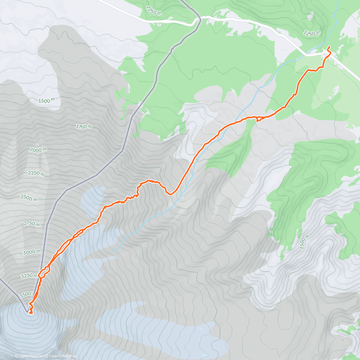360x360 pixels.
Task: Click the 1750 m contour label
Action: (83, 127)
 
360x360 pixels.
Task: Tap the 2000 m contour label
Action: (38, 150)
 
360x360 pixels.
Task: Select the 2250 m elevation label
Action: (36, 173)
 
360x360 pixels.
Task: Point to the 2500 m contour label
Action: (29, 198)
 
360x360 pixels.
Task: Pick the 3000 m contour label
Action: (31, 252)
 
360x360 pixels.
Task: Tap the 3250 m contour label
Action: (29, 276)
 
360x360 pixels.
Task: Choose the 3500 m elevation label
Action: (25, 295)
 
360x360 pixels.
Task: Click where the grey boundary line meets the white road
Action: (198, 19)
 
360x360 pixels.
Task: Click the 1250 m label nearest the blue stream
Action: (312, 33)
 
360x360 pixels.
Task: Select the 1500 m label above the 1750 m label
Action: (46, 101)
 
